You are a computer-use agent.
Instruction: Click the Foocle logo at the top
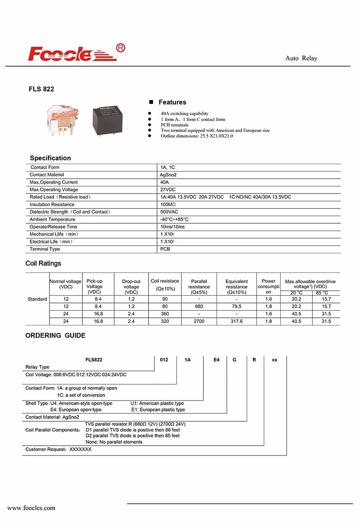point(74,53)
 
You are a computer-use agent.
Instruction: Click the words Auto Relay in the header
point(301,59)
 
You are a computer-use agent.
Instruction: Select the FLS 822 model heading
point(41,89)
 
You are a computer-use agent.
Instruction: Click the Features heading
point(172,102)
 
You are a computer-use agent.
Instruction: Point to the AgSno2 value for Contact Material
point(169,175)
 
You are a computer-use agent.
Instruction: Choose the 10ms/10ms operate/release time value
point(172,227)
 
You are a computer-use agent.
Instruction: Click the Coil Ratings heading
point(43,263)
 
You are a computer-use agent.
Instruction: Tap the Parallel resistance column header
point(199,284)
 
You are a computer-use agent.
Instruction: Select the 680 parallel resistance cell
point(199,306)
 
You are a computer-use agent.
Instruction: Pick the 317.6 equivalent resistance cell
point(236,321)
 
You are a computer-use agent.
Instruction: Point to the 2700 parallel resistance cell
point(199,321)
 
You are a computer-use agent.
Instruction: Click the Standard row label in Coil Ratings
point(37,299)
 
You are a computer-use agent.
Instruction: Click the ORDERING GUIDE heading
point(55,335)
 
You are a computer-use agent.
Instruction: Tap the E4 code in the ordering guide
point(216,360)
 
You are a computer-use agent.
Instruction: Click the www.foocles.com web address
point(31,508)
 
